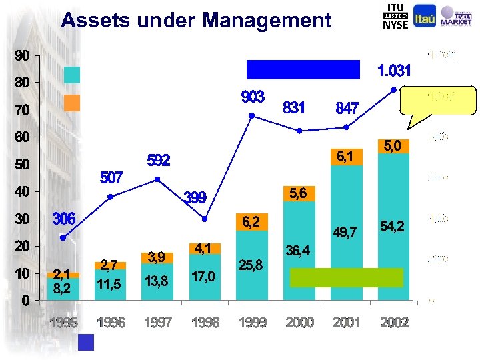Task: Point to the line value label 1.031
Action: pyautogui.click(x=394, y=69)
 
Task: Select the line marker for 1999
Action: pyautogui.click(x=252, y=115)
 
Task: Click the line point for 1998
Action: pyautogui.click(x=205, y=219)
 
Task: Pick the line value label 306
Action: pyautogui.click(x=64, y=219)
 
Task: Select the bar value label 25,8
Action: pyautogui.click(x=252, y=265)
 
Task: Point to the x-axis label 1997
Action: pyautogui.click(x=158, y=323)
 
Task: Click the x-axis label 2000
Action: pyautogui.click(x=299, y=323)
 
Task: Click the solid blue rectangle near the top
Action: pyautogui.click(x=303, y=69)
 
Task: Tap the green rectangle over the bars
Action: pyautogui.click(x=347, y=277)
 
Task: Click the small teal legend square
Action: pyautogui.click(x=72, y=75)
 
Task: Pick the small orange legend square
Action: pyautogui.click(x=72, y=102)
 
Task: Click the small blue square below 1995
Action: pyautogui.click(x=87, y=341)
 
